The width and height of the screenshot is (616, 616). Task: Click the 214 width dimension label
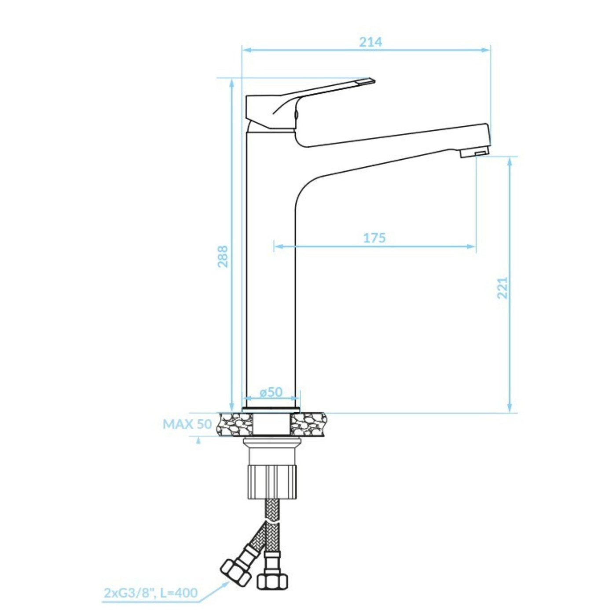[370, 42]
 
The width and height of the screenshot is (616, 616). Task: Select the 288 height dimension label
[223, 256]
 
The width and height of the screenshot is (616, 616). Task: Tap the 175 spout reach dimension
[374, 238]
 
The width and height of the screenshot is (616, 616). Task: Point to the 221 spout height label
[502, 288]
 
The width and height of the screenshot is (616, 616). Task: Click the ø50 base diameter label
[271, 392]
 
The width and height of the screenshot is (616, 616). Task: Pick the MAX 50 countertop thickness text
[187, 424]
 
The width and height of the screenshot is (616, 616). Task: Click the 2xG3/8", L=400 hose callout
[150, 593]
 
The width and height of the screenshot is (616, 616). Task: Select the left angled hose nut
[235, 571]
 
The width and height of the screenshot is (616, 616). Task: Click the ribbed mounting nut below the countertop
[273, 481]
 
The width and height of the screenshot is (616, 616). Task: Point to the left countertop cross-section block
[235, 424]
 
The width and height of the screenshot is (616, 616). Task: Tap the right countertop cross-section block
[308, 424]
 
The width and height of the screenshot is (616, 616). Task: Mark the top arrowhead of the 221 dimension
[510, 161]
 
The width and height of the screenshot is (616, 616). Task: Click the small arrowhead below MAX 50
[198, 440]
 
